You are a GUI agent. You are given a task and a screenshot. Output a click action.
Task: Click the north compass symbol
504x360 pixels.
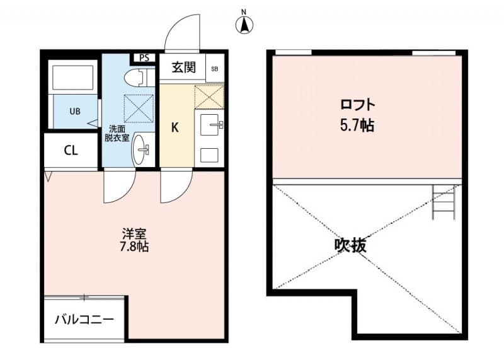(x=244, y=24)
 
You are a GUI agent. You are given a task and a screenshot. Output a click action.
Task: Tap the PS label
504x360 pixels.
(x=144, y=58)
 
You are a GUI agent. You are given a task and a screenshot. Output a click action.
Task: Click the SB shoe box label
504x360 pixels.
(x=214, y=68)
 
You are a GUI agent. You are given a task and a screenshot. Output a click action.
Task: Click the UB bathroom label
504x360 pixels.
(x=74, y=112)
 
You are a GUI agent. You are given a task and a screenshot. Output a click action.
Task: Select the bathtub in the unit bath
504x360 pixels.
(x=72, y=78)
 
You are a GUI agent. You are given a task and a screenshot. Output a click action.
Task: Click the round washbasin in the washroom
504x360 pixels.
(x=142, y=150)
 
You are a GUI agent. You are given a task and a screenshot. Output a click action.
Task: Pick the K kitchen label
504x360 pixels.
(x=176, y=127)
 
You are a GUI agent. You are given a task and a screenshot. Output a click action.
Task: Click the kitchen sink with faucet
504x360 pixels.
(x=210, y=125)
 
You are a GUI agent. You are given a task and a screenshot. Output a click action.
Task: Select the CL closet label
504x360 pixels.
(x=71, y=151)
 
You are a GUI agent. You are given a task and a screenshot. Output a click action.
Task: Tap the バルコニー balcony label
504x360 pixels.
(x=84, y=320)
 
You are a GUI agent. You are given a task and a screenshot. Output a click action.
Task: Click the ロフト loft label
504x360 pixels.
(x=358, y=105)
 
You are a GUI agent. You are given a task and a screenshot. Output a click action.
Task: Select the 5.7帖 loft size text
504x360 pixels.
(x=357, y=125)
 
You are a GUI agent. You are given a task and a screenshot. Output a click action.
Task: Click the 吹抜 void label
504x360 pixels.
(x=350, y=245)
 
